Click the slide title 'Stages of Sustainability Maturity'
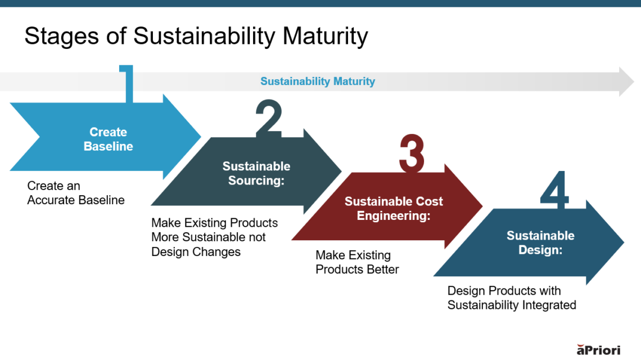(196, 36)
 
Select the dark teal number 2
(269, 119)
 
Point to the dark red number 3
(412, 154)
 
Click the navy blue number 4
(554, 188)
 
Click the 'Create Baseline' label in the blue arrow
(109, 139)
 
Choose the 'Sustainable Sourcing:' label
(256, 173)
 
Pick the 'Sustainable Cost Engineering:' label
(394, 208)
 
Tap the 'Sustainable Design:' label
(540, 242)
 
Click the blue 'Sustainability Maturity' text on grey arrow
(318, 82)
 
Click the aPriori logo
(599, 349)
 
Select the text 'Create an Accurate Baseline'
(76, 193)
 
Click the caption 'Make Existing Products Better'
(357, 262)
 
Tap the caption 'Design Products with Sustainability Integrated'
(512, 298)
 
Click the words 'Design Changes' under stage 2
(196, 251)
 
